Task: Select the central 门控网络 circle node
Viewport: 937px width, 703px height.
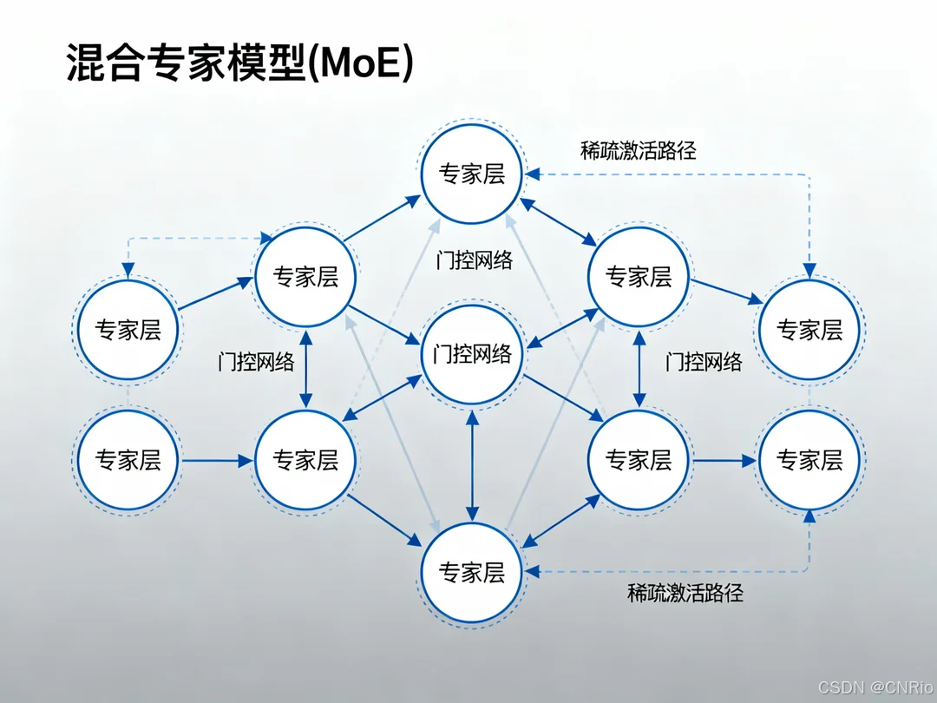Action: [x=472, y=354]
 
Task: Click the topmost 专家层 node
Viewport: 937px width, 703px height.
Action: [x=472, y=174]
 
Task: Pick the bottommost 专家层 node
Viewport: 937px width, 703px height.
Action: [x=472, y=572]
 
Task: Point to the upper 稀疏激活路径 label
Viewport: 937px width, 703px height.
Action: [x=638, y=149]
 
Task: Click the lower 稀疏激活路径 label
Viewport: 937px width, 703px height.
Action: [x=685, y=594]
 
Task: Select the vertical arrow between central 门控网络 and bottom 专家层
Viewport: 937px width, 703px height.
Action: [x=472, y=463]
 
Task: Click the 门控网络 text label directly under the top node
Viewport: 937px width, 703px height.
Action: [x=474, y=260]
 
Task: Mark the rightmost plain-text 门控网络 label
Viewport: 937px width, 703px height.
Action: [x=704, y=361]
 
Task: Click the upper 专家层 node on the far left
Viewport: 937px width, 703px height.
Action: [x=128, y=330]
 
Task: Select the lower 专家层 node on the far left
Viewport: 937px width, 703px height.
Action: [x=128, y=460]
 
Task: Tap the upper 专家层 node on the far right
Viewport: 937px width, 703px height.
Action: [x=809, y=330]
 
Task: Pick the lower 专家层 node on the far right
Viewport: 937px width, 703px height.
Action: [x=809, y=460]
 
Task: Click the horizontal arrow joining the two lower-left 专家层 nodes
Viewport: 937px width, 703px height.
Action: [x=217, y=461]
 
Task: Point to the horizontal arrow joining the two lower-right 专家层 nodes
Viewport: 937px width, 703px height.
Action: [x=724, y=461]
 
